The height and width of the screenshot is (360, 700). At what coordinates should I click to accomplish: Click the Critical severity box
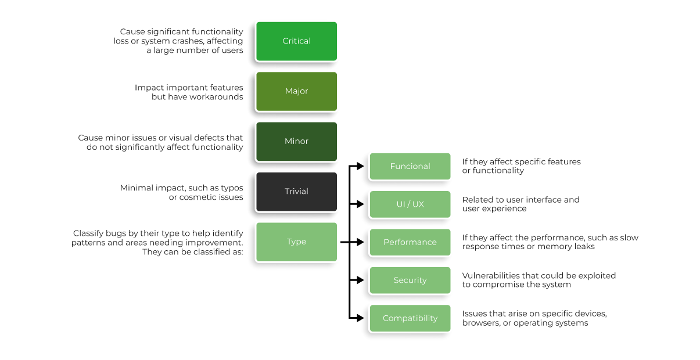coord(296,41)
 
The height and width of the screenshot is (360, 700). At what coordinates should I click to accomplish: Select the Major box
coord(296,91)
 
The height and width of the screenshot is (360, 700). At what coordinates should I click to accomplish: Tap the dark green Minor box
coord(296,141)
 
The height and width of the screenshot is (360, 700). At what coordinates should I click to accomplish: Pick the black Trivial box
coord(296,192)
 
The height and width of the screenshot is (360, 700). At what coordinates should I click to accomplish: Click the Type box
coord(296,242)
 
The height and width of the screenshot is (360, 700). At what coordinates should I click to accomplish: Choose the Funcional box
coord(410,166)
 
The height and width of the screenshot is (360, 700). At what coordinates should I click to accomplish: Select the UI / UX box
coord(410,204)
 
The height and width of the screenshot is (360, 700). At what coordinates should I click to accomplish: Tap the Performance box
coord(410,242)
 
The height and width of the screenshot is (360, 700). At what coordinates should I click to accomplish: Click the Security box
coord(410,280)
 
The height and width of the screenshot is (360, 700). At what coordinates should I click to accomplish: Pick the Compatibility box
coord(410,318)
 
